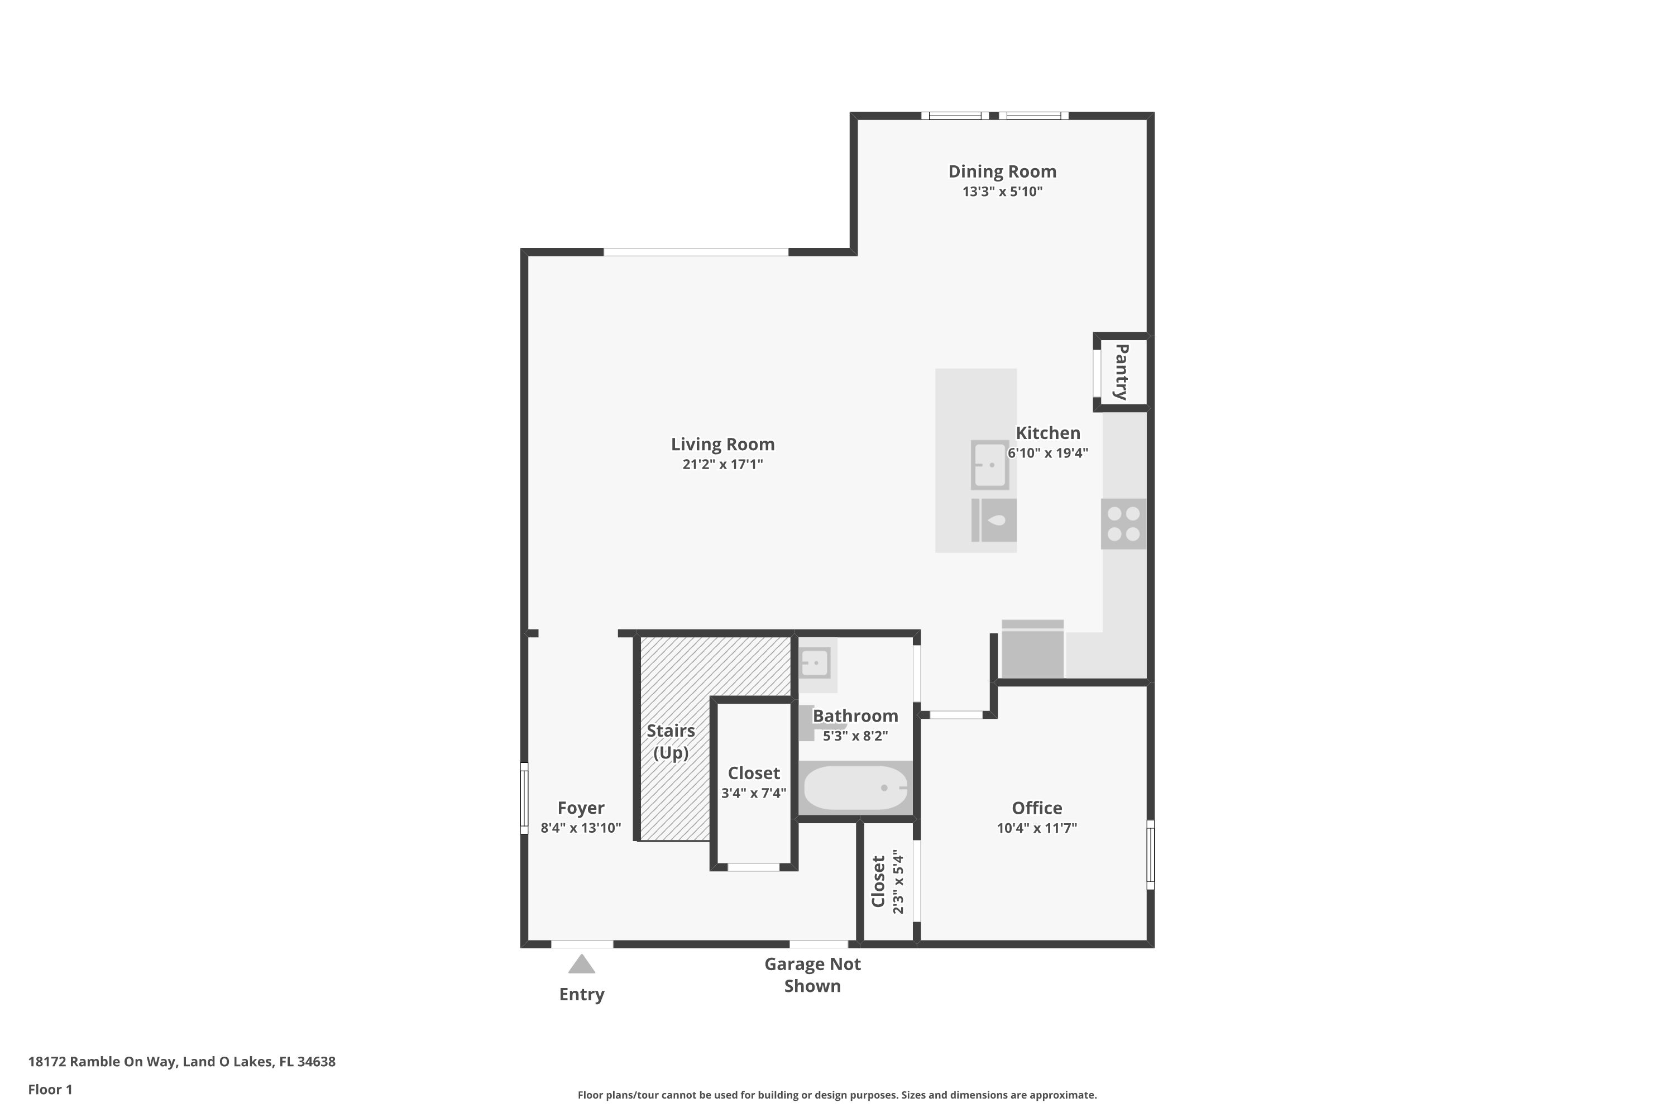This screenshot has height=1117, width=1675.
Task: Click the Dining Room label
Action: [1002, 171]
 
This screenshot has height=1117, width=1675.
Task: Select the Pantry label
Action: [1121, 372]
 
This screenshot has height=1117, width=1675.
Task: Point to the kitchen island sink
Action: [990, 465]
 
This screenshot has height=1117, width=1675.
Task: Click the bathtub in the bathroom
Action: [855, 788]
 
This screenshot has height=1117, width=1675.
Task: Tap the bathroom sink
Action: [815, 663]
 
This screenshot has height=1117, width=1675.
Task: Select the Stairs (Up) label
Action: [671, 742]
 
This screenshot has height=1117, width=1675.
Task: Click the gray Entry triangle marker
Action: [581, 964]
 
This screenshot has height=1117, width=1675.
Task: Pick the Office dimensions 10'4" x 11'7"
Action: [1037, 828]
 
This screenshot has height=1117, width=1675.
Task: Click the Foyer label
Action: [581, 808]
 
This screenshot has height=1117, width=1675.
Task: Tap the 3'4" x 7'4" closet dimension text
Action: [753, 793]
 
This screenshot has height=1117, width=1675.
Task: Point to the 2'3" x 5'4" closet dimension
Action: [898, 881]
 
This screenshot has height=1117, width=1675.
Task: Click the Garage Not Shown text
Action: [812, 975]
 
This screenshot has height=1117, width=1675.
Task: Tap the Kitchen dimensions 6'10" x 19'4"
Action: [1047, 453]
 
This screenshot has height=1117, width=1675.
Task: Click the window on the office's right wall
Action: [1150, 855]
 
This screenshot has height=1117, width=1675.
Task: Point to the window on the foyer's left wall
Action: [524, 798]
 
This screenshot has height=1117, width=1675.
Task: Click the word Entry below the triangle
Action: [582, 995]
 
